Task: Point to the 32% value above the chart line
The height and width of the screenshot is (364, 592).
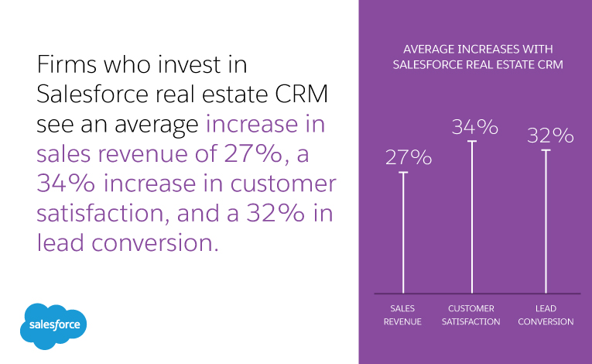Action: click(x=550, y=136)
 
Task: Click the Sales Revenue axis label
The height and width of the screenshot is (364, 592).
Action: click(x=402, y=315)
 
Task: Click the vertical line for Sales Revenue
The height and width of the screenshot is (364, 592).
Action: click(x=402, y=232)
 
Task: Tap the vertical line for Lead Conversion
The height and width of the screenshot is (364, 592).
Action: click(x=546, y=221)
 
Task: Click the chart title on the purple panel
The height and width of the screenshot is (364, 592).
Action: click(x=477, y=57)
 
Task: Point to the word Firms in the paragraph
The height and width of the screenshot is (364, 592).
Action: click(x=68, y=64)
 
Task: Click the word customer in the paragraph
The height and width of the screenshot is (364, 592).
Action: click(x=279, y=184)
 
